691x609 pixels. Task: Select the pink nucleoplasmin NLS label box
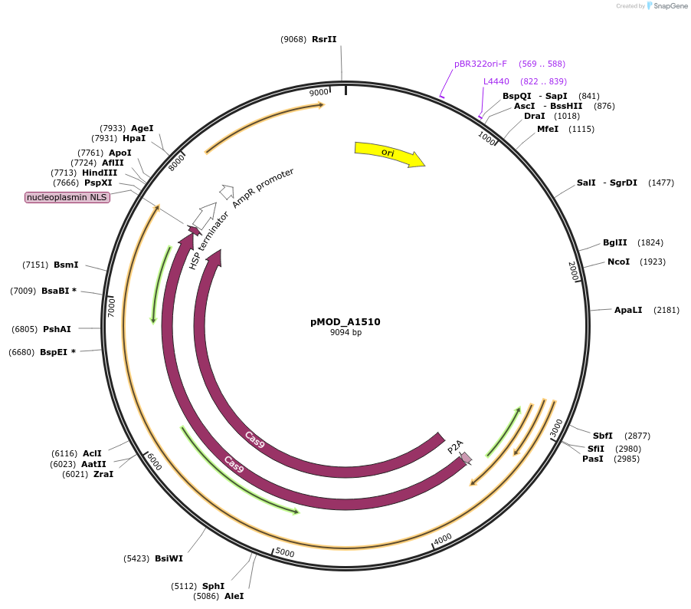(x=67, y=197)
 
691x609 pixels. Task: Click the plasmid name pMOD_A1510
(x=345, y=322)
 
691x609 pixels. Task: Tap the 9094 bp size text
(x=345, y=333)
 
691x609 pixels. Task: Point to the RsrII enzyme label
(x=324, y=39)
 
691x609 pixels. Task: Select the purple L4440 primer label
(x=496, y=81)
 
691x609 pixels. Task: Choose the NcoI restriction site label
(x=618, y=262)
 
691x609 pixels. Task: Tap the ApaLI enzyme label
(x=628, y=310)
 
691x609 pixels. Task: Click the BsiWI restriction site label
(x=169, y=558)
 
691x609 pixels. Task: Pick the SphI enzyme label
(x=213, y=586)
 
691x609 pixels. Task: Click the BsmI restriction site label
(x=66, y=265)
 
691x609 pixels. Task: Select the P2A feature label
(x=455, y=446)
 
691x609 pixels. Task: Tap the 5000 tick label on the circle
(x=285, y=552)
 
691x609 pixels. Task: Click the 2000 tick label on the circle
(x=573, y=270)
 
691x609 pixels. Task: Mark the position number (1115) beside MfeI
(x=581, y=129)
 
